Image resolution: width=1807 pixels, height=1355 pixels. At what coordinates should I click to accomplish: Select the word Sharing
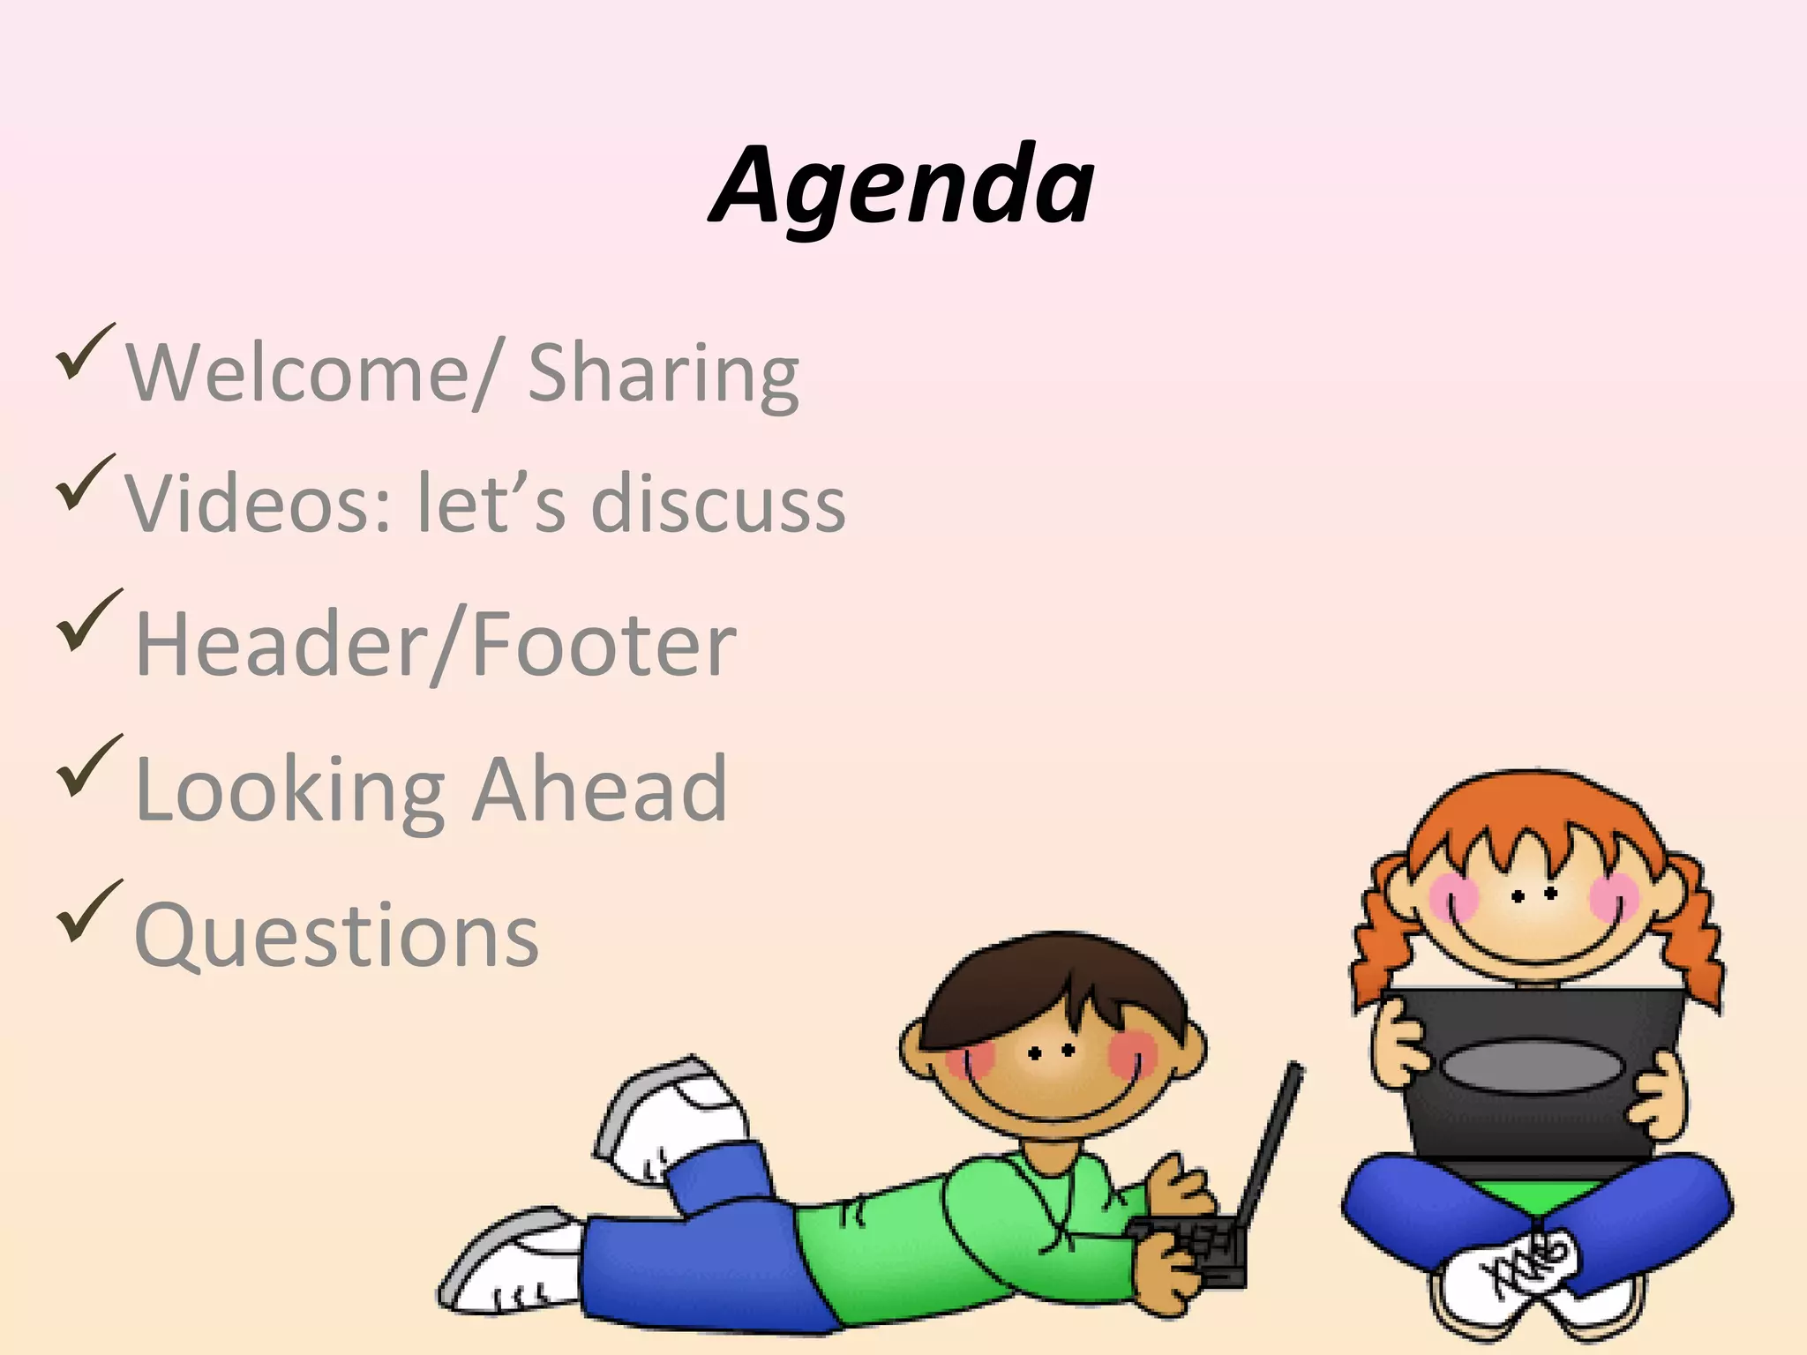tap(663, 374)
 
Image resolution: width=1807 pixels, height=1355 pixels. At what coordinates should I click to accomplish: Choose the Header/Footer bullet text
tap(435, 645)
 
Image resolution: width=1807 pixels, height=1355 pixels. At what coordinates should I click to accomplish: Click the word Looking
tap(289, 790)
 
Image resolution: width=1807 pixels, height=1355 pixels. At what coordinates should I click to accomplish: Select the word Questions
tap(336, 935)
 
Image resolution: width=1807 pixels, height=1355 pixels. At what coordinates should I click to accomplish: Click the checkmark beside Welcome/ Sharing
tap(84, 352)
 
